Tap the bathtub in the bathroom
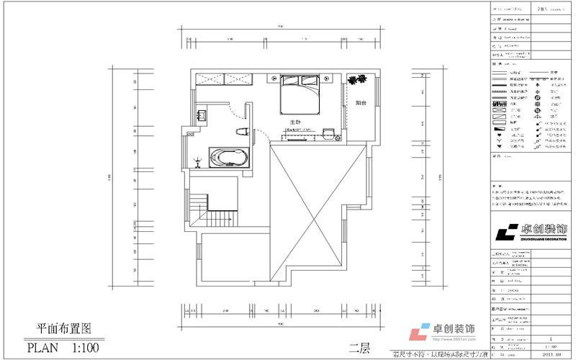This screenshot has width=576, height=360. [x=228, y=157]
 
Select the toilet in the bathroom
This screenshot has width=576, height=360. [x=243, y=130]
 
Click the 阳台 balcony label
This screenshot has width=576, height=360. [x=359, y=103]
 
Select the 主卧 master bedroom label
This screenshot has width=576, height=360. [x=294, y=122]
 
